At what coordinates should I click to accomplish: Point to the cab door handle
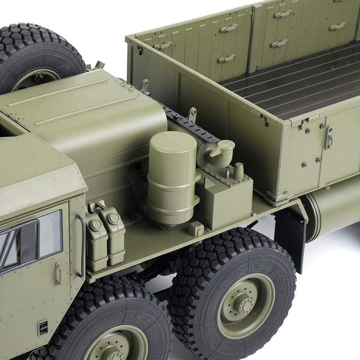point(58,274)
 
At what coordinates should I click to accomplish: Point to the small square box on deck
point(196,229)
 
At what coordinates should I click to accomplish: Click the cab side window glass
point(50,234)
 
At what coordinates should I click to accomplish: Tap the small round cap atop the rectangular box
point(238,171)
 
